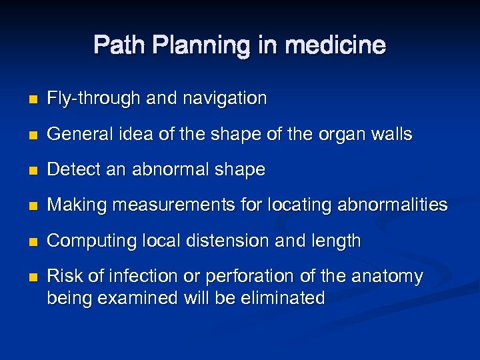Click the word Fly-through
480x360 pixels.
[x=93, y=99]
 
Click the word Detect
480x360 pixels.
[x=70, y=170]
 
